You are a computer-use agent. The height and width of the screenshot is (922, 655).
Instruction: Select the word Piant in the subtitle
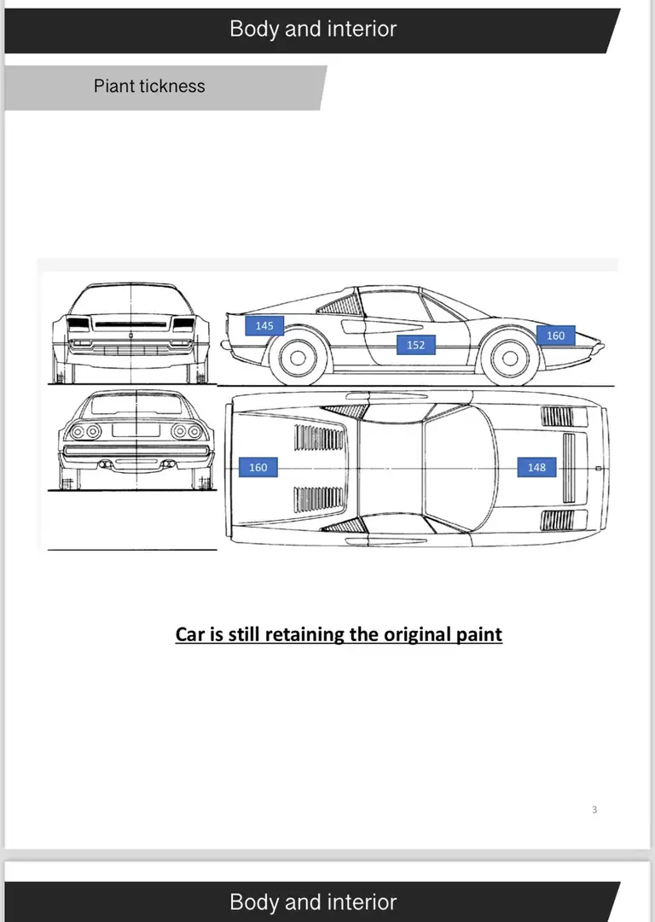coord(114,86)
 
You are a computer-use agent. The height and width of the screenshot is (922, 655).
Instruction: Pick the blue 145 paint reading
coord(264,325)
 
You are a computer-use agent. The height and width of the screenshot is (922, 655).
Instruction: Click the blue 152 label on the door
coord(416,345)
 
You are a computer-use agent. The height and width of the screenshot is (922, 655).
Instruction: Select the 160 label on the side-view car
coord(556,336)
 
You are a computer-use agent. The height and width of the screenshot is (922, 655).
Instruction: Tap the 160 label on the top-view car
coord(258,468)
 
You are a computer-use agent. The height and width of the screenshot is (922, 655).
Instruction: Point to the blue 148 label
coord(537,468)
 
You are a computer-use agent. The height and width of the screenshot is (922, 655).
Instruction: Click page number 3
coord(594,809)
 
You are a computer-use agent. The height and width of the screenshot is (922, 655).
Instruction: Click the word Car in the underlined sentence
coord(190,634)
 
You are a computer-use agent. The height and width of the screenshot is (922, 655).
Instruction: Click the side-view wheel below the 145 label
coord(297,358)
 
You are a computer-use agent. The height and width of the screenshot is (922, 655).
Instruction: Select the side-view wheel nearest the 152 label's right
coord(509,358)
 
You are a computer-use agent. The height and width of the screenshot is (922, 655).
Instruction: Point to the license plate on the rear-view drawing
coord(136,429)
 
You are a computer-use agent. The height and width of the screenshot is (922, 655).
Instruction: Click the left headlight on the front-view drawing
coord(78,324)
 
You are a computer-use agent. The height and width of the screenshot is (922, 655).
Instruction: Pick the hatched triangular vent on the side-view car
coord(340,304)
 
